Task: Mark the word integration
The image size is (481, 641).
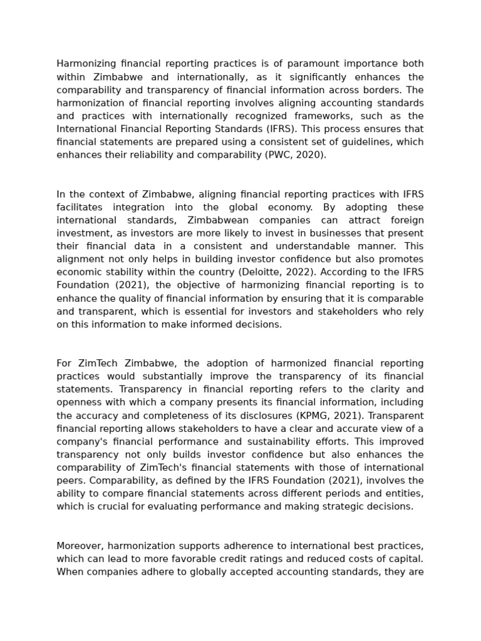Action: (x=139, y=207)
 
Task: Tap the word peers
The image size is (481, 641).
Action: (x=70, y=481)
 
